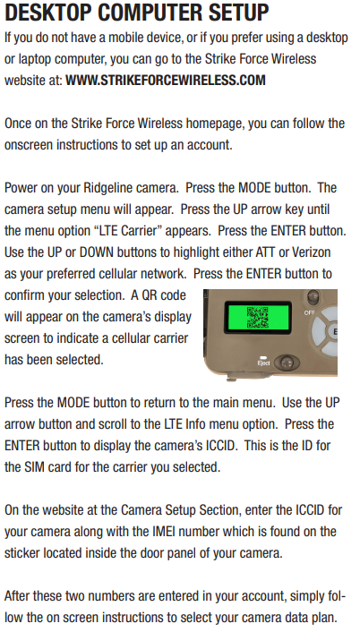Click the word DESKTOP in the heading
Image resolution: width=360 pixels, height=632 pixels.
click(x=48, y=13)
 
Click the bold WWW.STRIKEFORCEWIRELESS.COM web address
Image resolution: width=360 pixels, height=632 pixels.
click(x=166, y=80)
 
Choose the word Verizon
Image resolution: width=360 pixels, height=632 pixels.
click(x=312, y=252)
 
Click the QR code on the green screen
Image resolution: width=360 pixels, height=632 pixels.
click(x=257, y=318)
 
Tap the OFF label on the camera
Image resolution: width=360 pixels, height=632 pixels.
click(x=310, y=312)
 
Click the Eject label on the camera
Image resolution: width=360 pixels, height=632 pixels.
click(x=263, y=363)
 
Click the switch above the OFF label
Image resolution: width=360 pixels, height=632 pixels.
click(x=313, y=297)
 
